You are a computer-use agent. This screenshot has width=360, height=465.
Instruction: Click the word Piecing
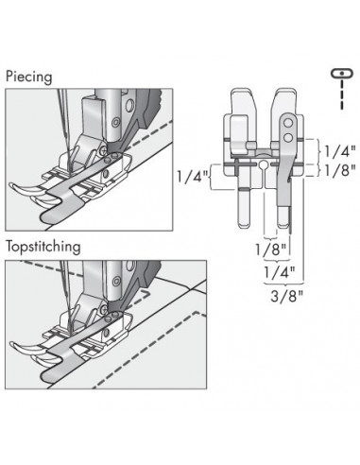point(29,77)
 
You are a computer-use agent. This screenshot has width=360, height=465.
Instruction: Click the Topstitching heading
point(43,247)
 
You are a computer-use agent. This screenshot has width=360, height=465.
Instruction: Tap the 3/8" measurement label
point(286,297)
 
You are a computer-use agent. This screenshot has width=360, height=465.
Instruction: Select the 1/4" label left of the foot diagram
point(192,177)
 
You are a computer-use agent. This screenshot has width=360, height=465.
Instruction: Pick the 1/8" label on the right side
point(340,171)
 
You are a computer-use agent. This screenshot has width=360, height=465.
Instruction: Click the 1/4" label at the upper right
point(340,152)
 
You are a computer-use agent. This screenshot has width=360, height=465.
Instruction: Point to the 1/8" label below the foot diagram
point(271,250)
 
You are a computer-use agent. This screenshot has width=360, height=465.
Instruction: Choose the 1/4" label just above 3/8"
point(280,272)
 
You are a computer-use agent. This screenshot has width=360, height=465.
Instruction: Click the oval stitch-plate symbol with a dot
point(342,73)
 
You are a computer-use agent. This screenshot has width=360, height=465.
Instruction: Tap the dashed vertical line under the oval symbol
point(342,94)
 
